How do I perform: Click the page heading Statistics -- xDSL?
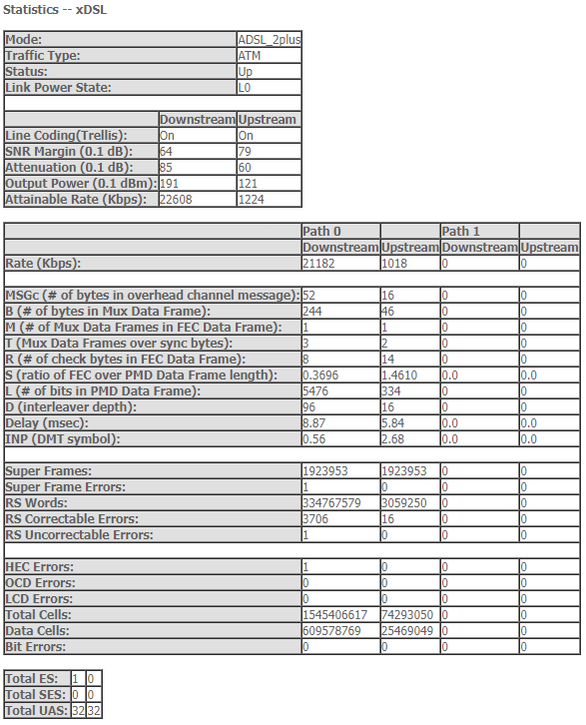pyautogui.click(x=56, y=9)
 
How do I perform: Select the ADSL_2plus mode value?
pyautogui.click(x=269, y=40)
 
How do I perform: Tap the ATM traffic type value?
pyautogui.click(x=250, y=56)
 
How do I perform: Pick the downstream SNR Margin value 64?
pyautogui.click(x=167, y=152)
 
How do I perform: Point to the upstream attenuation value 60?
pyautogui.click(x=245, y=168)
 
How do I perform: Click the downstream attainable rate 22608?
pyautogui.click(x=178, y=200)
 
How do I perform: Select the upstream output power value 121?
pyautogui.click(x=248, y=184)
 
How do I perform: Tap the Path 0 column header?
pyautogui.click(x=322, y=231)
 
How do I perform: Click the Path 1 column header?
pyautogui.click(x=461, y=231)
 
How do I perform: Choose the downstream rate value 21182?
pyautogui.click(x=321, y=263)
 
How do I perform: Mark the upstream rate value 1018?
pyautogui.click(x=395, y=263)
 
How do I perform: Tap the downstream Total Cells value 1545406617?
pyautogui.click(x=338, y=614)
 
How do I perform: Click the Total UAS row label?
pyautogui.click(x=36, y=711)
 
